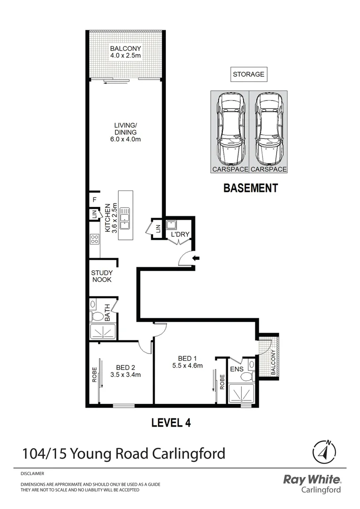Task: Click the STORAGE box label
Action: [x=248, y=74]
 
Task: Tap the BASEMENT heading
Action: [x=250, y=188]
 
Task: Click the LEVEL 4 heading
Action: [x=171, y=422]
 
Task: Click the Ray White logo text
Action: [x=311, y=480]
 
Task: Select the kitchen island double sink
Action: [x=125, y=219]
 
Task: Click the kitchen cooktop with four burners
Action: [x=94, y=239]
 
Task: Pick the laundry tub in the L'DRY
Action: [x=171, y=224]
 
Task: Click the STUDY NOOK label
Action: [x=101, y=276]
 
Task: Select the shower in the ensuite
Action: [x=241, y=394]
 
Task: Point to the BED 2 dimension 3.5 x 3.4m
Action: [x=125, y=375]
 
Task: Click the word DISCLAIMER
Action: [x=33, y=473]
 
